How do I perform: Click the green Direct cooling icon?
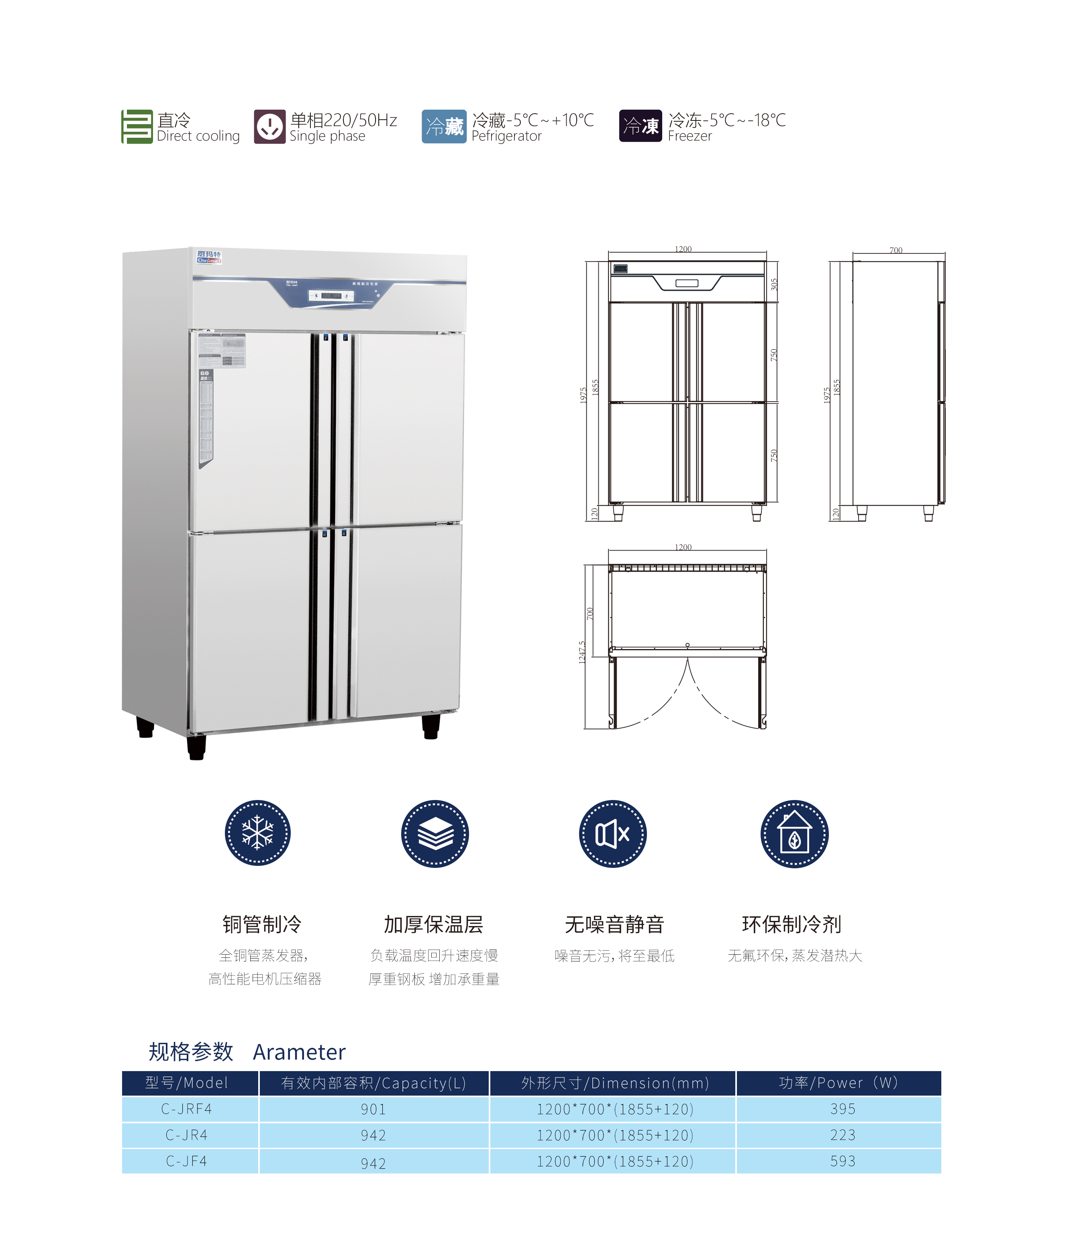[x=137, y=127]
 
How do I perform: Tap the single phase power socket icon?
[x=269, y=127]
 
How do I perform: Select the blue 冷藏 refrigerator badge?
[x=444, y=127]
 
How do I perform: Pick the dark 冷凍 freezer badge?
[x=641, y=127]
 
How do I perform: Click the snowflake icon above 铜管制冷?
[x=258, y=833]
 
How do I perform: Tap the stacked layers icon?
[x=435, y=833]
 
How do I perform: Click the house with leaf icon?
[x=794, y=833]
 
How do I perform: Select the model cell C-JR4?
[x=186, y=1135]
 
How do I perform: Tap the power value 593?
[x=842, y=1161]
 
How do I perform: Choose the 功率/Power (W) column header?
[x=838, y=1083]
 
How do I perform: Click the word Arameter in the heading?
[x=299, y=1053]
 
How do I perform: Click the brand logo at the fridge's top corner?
[x=208, y=257]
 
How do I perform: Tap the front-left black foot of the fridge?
[x=196, y=747]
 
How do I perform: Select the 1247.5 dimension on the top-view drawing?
[x=581, y=652]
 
